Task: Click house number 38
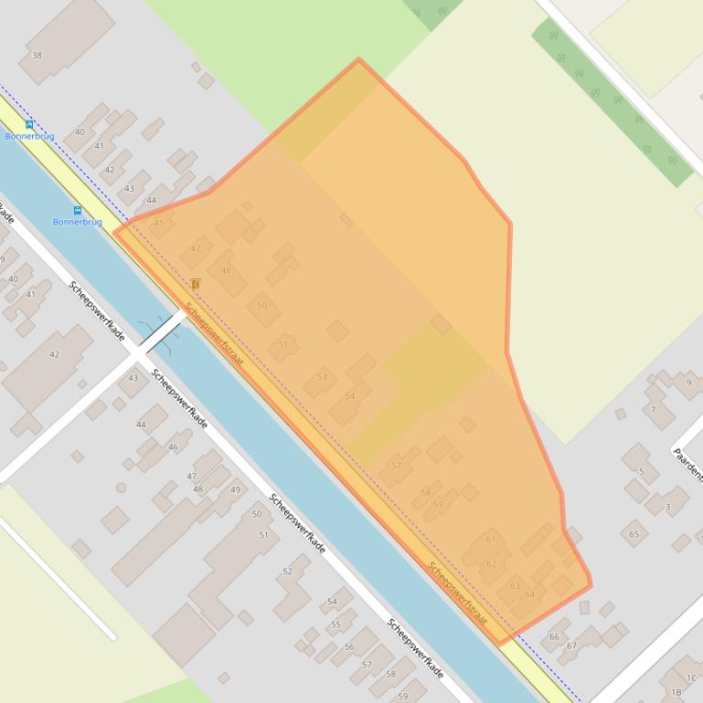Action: pyautogui.click(x=37, y=56)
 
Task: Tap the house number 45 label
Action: pyautogui.click(x=159, y=223)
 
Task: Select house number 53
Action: pyautogui.click(x=322, y=377)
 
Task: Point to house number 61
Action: pyautogui.click(x=491, y=539)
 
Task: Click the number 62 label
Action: pyautogui.click(x=492, y=564)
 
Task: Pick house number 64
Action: pyautogui.click(x=530, y=594)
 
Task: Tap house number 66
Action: pyautogui.click(x=554, y=636)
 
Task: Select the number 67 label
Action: pyautogui.click(x=571, y=645)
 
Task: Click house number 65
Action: pyautogui.click(x=634, y=533)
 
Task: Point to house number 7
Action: pyautogui.click(x=654, y=410)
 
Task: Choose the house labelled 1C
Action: pyautogui.click(x=692, y=677)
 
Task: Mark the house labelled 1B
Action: pyautogui.click(x=676, y=692)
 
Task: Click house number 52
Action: pyautogui.click(x=288, y=571)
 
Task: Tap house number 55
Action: pyautogui.click(x=336, y=624)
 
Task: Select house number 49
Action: pyautogui.click(x=235, y=490)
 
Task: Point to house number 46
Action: pyautogui.click(x=174, y=446)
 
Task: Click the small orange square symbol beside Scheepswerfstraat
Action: pyautogui.click(x=196, y=285)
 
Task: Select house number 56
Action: pyautogui.click(x=349, y=646)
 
